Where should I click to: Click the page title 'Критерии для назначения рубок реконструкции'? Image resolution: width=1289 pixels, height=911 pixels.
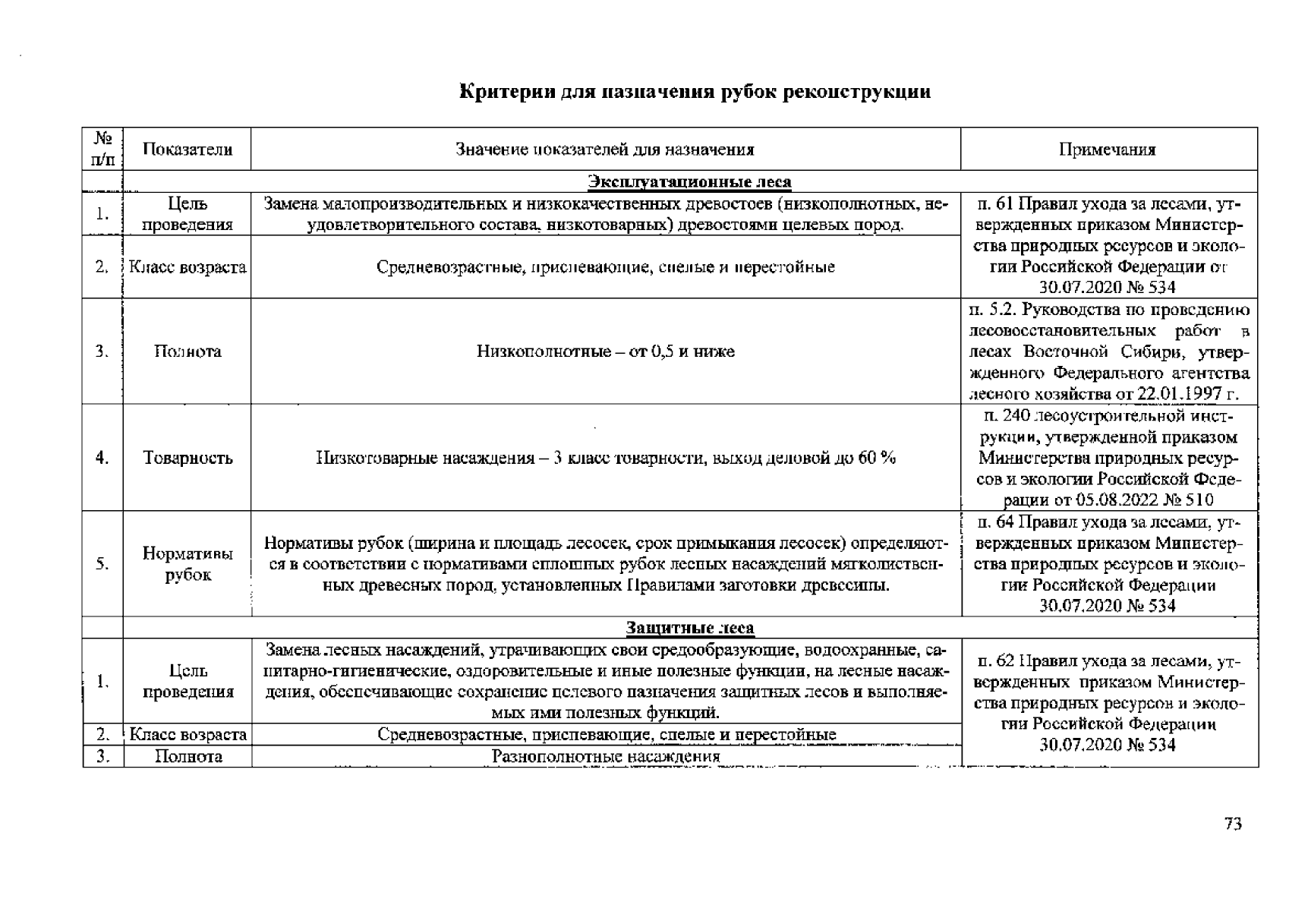click(x=695, y=93)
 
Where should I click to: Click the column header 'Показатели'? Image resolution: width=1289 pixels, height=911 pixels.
click(x=188, y=150)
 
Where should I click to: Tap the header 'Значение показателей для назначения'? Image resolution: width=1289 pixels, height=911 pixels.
click(x=605, y=150)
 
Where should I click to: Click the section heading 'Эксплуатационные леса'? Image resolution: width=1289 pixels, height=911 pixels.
click(x=689, y=182)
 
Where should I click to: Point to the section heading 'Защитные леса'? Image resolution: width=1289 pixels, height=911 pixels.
click(x=689, y=628)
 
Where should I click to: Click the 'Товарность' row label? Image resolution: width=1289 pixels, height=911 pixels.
click(x=188, y=458)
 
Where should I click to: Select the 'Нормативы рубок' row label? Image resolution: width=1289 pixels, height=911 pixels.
click(x=188, y=564)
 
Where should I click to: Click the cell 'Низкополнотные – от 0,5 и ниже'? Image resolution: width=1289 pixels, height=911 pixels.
click(x=605, y=351)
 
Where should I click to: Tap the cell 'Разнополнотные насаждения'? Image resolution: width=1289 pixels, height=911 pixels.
click(x=605, y=757)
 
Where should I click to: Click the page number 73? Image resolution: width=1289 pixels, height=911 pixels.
click(x=1233, y=824)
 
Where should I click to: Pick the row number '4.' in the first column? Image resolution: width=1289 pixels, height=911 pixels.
click(x=102, y=458)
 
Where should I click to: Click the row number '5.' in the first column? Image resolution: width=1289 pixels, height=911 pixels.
click(x=102, y=564)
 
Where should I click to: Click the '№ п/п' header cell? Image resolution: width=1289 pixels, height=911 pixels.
click(x=102, y=150)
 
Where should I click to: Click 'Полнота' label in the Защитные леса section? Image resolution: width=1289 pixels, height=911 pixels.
click(x=188, y=757)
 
